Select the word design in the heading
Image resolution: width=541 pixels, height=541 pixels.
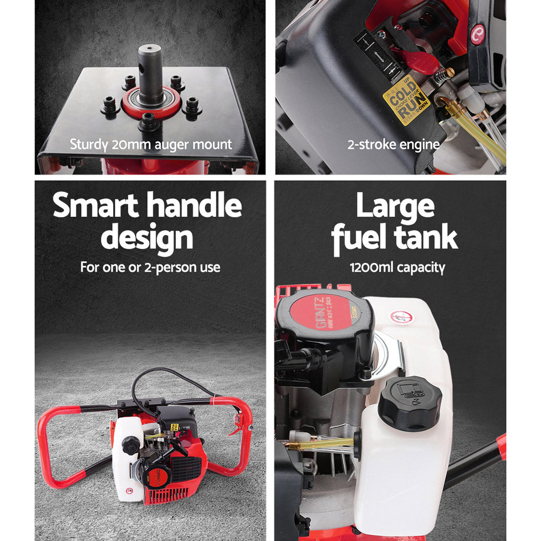pyautogui.click(x=147, y=238)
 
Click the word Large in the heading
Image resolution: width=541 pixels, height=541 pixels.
pyautogui.click(x=395, y=206)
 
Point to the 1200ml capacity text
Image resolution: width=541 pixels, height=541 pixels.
pyautogui.click(x=397, y=268)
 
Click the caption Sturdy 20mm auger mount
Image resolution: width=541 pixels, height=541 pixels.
pyautogui.click(x=150, y=144)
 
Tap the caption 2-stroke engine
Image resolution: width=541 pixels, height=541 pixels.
pyautogui.click(x=393, y=144)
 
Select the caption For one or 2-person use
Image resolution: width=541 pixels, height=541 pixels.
pyautogui.click(x=150, y=267)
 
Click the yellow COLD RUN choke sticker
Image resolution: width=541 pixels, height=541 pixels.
pyautogui.click(x=406, y=98)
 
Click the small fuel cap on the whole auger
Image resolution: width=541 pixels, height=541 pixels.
pyautogui.click(x=130, y=445)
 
